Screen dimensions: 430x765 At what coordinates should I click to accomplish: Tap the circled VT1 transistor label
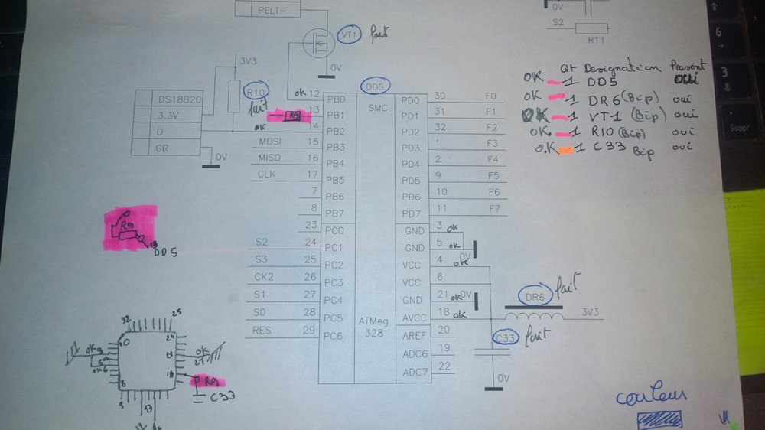350,35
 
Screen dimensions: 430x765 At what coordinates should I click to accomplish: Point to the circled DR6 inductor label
535,296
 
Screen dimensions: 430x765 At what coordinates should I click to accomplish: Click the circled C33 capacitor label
506,338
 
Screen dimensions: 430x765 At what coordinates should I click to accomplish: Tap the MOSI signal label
271,142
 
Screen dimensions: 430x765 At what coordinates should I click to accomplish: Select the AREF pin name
415,336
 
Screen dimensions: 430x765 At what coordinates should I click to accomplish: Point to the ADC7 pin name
415,373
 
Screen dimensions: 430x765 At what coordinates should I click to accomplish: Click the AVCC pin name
415,318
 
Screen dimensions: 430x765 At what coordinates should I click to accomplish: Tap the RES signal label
261,331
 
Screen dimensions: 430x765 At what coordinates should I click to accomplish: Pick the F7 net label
492,208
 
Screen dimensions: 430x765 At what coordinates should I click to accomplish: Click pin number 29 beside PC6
309,331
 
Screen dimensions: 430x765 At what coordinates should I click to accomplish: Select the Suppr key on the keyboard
741,128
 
